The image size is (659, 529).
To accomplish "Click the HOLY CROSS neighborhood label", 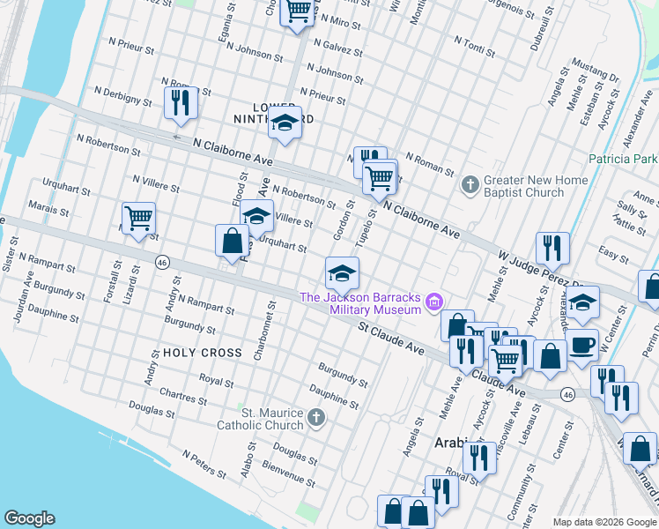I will point(202,353).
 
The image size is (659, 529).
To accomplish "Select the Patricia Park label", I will point(623,159).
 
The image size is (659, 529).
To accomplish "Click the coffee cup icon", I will point(581,345).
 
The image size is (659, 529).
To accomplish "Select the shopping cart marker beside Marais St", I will point(138,217).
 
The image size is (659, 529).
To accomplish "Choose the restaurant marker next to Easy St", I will point(552,248).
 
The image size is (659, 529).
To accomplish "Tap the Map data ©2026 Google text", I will point(604,522).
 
